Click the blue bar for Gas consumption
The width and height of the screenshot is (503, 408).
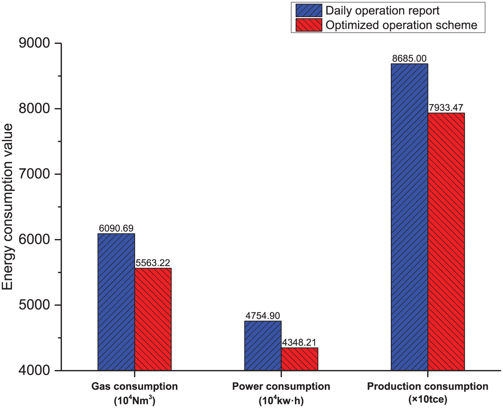(116, 302)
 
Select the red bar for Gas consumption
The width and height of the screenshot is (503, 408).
(153, 319)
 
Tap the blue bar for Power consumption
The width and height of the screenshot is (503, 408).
(263, 346)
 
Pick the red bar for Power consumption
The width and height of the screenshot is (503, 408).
(299, 359)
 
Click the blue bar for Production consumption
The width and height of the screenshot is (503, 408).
(410, 217)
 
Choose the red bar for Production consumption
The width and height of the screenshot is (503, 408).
(446, 242)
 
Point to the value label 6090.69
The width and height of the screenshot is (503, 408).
(116, 228)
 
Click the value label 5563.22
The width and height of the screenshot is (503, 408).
(153, 263)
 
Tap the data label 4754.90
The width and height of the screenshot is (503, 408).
(263, 316)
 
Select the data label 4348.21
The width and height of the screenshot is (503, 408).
(299, 342)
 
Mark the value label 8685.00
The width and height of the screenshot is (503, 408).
(409, 58)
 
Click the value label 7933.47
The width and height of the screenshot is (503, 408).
(446, 108)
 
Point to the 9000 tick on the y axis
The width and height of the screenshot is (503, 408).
(35, 43)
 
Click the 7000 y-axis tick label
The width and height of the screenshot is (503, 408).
(35, 174)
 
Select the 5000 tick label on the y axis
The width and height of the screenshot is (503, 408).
(35, 305)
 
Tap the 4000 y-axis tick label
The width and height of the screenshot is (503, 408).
(35, 371)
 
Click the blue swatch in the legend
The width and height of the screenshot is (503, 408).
(309, 11)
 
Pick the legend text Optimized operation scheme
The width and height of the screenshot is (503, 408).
(401, 25)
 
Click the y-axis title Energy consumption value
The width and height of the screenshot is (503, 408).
(7, 207)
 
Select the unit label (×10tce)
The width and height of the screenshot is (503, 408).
(428, 399)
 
